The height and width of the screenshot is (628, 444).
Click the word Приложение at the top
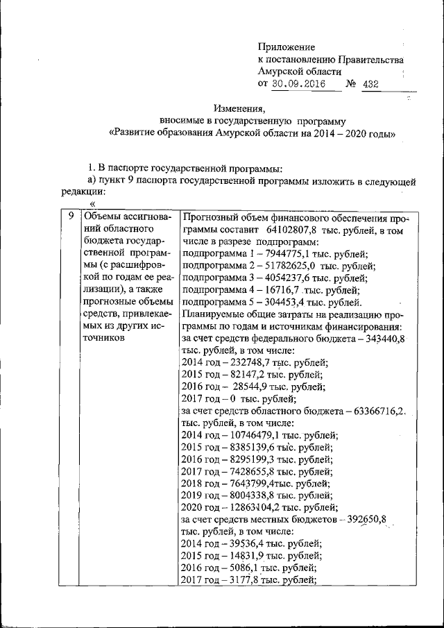286,47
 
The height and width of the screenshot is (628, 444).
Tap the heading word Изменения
240,108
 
